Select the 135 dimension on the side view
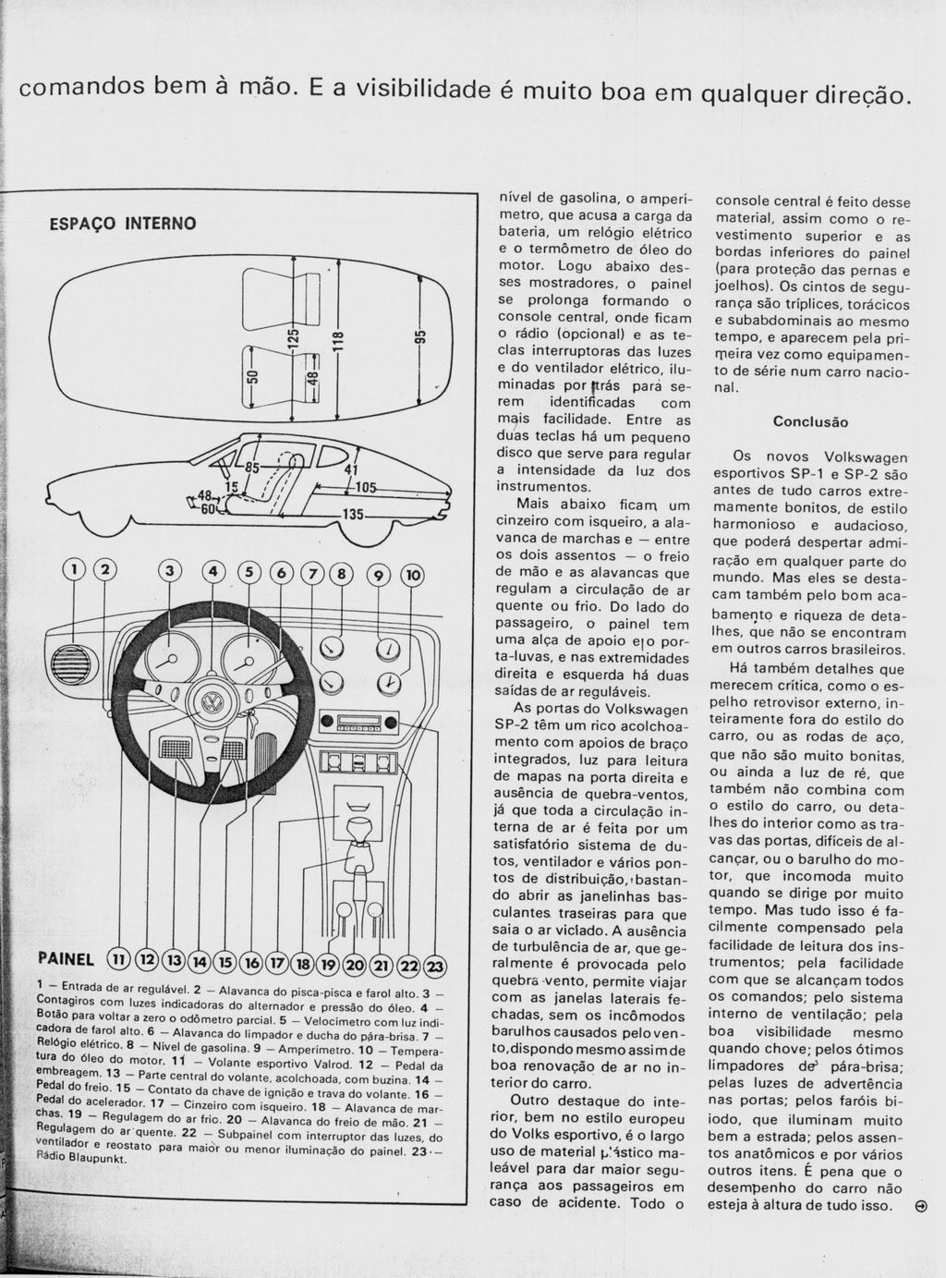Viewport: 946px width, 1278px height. click(354, 515)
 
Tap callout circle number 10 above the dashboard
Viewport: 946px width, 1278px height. click(413, 575)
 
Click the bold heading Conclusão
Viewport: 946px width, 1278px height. click(810, 422)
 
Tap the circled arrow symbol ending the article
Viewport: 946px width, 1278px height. click(919, 1206)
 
